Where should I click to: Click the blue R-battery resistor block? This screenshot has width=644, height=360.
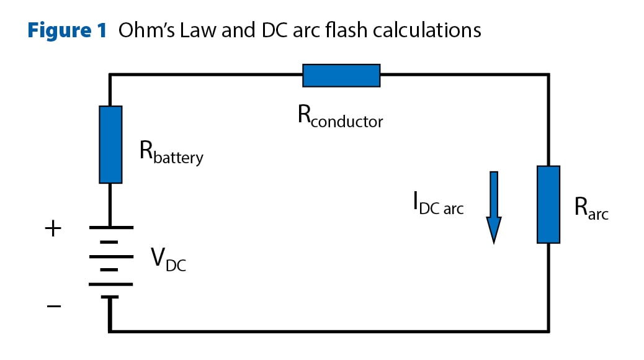[110, 144]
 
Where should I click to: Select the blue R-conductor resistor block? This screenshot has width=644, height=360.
[341, 75]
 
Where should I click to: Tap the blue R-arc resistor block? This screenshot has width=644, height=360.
[548, 204]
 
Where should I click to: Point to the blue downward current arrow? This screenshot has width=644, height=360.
[494, 207]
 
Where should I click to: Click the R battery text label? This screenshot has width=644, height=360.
[171, 153]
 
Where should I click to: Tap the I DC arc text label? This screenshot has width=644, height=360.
[438, 205]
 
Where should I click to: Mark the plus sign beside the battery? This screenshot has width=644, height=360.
[54, 229]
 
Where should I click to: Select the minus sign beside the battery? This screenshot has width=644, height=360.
[54, 306]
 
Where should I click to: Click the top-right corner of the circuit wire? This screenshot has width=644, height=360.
[548, 75]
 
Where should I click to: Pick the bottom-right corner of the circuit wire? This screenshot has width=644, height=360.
[548, 330]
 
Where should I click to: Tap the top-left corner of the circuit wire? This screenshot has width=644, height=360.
[110, 75]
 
